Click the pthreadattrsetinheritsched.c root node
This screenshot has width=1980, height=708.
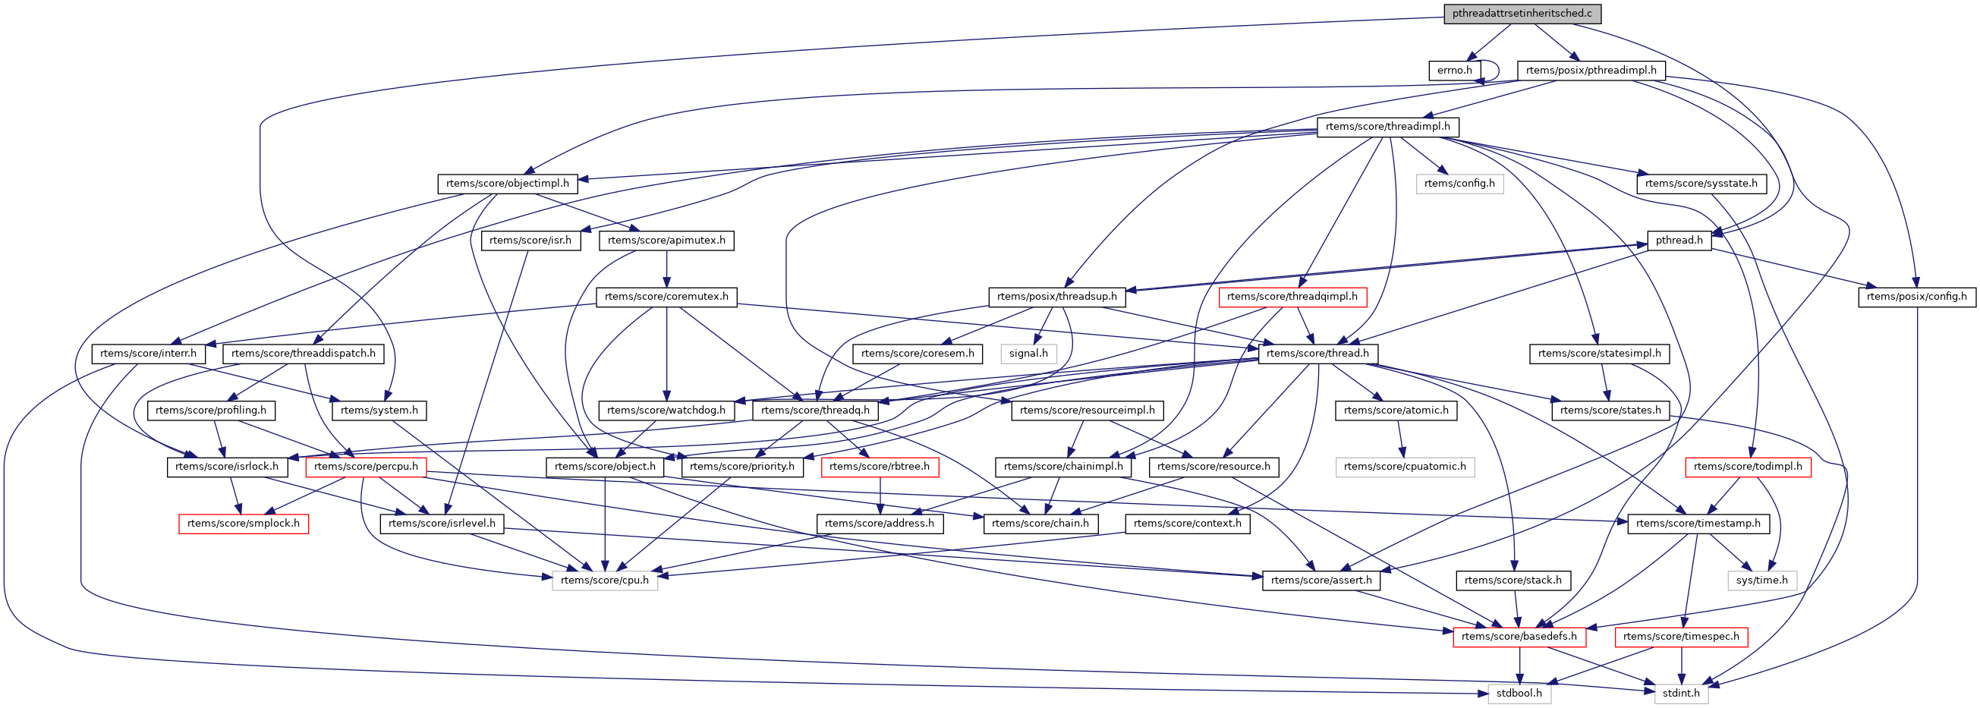coord(1510,14)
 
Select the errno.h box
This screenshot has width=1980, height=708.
coord(1454,71)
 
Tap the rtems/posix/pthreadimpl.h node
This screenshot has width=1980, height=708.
coord(1591,71)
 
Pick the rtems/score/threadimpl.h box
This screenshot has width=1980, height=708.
coord(1387,127)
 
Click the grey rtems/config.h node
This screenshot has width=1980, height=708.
coord(1459,184)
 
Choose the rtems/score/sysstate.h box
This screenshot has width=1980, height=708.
coord(1701,184)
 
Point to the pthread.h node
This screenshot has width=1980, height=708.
coord(1679,241)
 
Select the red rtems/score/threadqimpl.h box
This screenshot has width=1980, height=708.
coord(1292,297)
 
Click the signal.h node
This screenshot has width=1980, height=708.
coord(1028,354)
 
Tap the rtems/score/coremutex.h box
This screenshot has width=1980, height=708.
coord(666,297)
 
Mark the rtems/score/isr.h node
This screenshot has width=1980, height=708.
coord(530,241)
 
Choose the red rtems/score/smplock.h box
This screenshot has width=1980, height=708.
coord(243,524)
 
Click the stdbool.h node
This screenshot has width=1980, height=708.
coord(1519,694)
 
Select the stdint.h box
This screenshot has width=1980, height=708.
coord(1681,694)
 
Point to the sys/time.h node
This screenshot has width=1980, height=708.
coord(1761,581)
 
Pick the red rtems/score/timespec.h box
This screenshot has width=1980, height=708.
coord(1681,637)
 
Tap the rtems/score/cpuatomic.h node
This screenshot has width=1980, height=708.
coord(1404,467)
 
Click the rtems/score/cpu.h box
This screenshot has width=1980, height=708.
coord(604,581)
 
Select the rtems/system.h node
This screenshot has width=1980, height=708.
coord(379,411)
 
